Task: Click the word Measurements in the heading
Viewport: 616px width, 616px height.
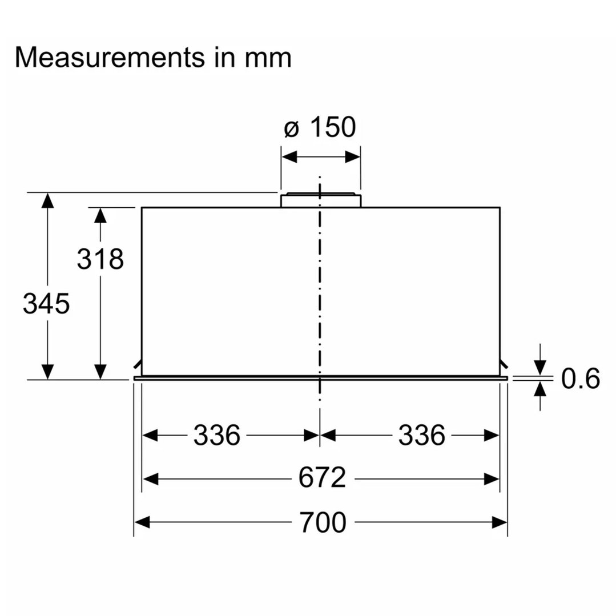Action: tap(110, 58)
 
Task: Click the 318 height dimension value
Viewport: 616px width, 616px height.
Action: tap(100, 259)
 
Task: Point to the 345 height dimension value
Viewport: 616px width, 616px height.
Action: tap(46, 304)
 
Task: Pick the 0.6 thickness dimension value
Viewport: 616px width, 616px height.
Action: tap(580, 379)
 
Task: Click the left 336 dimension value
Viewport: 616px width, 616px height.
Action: tap(217, 435)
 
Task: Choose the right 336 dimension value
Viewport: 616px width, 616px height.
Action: tap(422, 435)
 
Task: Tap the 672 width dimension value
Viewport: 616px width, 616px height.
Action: tap(322, 478)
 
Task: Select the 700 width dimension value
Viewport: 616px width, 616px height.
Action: tap(323, 522)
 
